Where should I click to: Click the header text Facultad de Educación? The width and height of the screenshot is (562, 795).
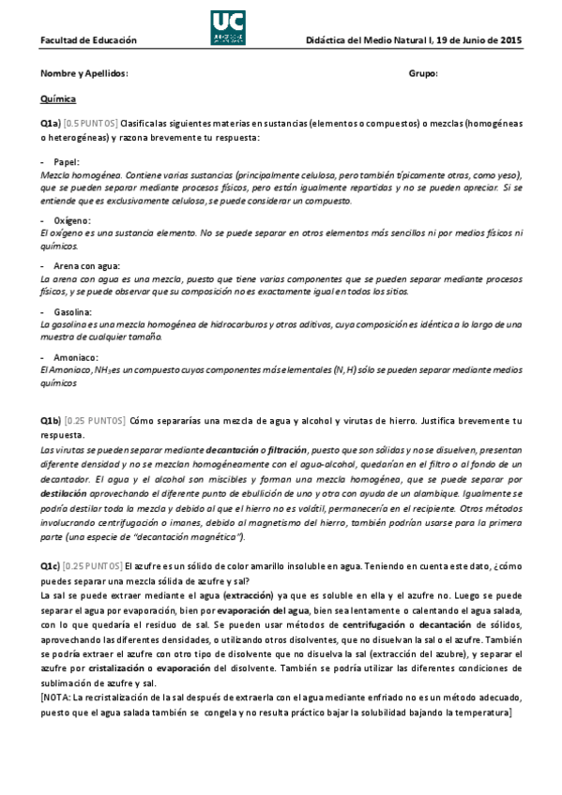click(x=88, y=40)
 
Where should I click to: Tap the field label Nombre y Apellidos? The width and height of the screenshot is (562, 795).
click(x=84, y=73)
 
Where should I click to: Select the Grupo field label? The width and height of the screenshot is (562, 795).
click(x=423, y=73)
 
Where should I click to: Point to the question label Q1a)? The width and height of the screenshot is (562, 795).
click(x=50, y=124)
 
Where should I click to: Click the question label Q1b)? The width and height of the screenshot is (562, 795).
click(x=51, y=420)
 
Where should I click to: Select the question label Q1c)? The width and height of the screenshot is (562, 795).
click(x=50, y=565)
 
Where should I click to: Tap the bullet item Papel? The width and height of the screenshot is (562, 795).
click(x=67, y=162)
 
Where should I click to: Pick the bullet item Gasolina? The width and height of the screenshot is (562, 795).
click(x=72, y=311)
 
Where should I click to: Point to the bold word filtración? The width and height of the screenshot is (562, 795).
click(x=292, y=450)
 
